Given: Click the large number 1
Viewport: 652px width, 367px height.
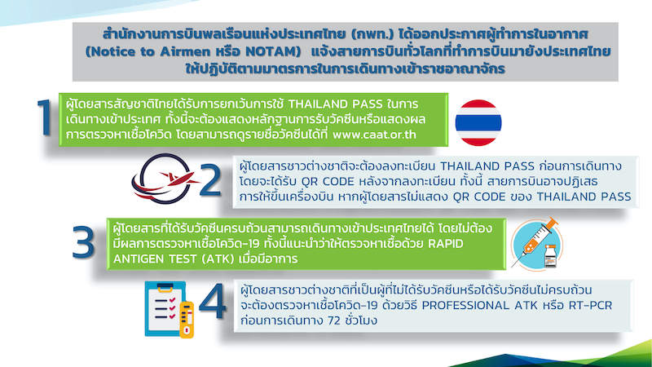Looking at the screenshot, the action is [45, 117].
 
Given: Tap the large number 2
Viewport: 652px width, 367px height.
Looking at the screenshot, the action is [210, 179].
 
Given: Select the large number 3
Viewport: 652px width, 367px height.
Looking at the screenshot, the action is [83, 241].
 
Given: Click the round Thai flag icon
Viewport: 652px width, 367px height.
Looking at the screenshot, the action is [478, 123].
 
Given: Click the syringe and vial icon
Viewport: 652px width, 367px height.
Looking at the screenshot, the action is [537, 244].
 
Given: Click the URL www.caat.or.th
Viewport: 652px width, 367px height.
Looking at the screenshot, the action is [374, 135].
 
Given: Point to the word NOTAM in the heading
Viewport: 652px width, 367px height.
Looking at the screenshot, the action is [273, 51].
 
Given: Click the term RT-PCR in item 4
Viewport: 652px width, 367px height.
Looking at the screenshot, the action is [590, 305].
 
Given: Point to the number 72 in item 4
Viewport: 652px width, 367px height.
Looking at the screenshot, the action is [336, 321].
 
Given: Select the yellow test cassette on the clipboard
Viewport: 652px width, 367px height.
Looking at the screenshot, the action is [187, 319].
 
